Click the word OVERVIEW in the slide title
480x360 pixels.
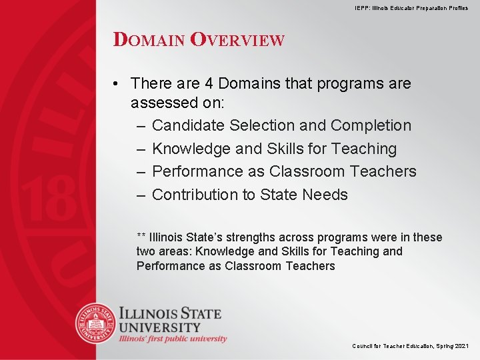[x=237, y=39]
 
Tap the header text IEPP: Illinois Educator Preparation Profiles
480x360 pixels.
[x=411, y=7]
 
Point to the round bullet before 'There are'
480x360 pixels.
[x=116, y=83]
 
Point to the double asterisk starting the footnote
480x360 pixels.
[x=141, y=237]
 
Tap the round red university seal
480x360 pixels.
[x=96, y=323]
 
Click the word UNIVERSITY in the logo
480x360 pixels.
[x=160, y=327]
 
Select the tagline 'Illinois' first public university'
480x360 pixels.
[x=173, y=339]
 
